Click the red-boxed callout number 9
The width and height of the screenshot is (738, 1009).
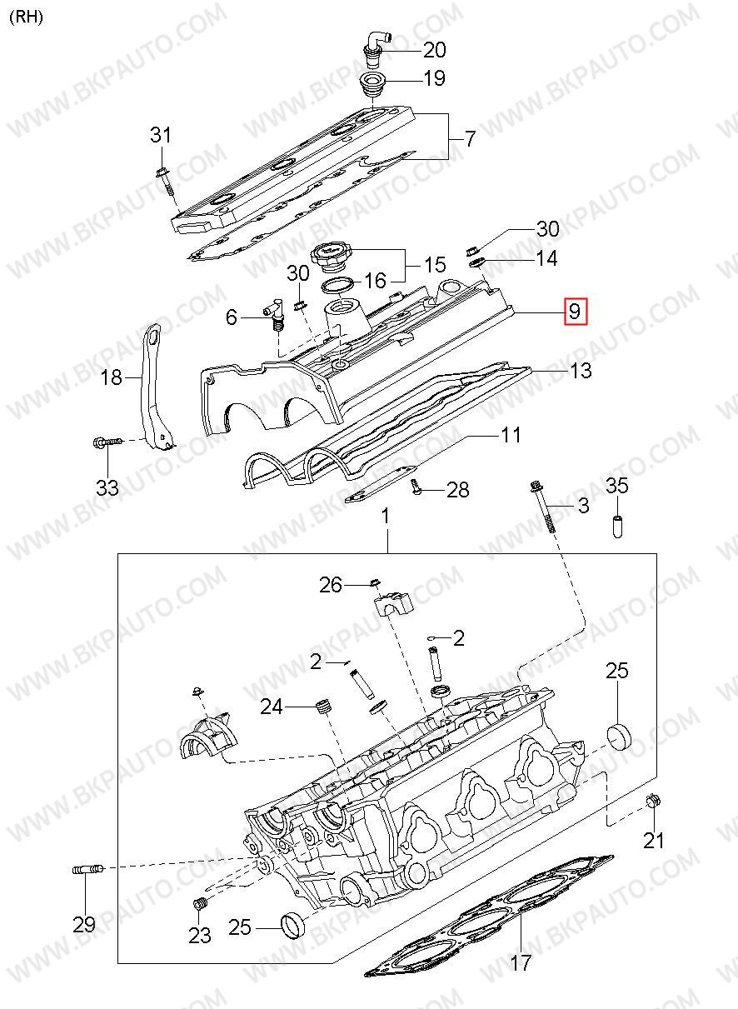[x=576, y=312]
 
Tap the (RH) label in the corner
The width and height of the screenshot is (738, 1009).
[x=27, y=17]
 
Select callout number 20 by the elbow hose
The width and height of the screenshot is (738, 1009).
[x=434, y=49]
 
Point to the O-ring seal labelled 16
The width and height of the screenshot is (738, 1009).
[x=337, y=286]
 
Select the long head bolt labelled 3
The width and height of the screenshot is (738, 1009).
[x=544, y=507]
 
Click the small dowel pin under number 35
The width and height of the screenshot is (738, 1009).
[x=618, y=526]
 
